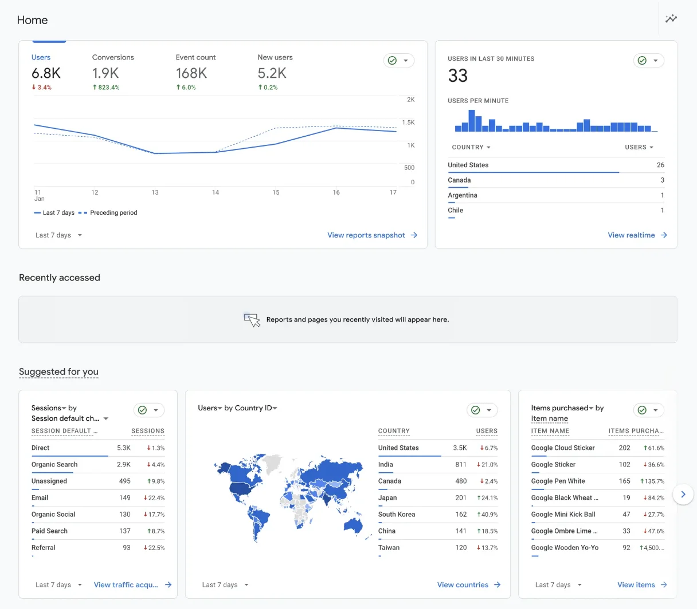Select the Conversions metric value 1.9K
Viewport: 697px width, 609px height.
105,73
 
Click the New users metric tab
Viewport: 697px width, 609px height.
275,57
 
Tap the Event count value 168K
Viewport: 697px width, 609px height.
191,73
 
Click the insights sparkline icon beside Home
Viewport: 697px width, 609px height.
671,19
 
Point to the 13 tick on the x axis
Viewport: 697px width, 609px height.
155,192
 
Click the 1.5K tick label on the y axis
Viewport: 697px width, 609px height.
408,122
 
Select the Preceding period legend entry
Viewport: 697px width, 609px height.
113,213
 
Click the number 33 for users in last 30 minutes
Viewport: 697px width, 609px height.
458,76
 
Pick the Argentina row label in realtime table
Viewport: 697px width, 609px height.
462,195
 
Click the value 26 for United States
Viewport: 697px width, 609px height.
660,165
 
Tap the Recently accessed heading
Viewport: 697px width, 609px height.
60,278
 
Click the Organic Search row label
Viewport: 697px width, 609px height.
54,465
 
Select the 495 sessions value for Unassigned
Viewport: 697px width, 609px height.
124,481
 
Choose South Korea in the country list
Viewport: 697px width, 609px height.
397,515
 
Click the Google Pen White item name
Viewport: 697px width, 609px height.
558,481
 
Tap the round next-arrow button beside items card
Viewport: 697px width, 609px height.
683,495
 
